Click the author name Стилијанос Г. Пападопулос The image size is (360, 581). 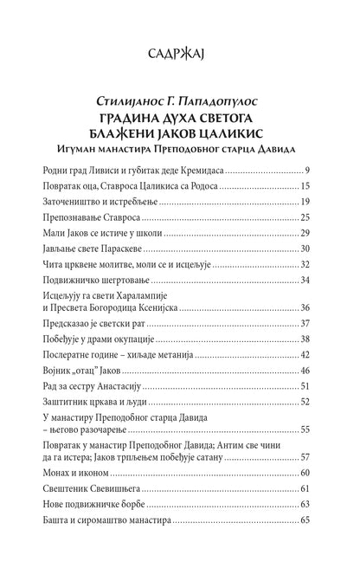pos(180,107)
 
